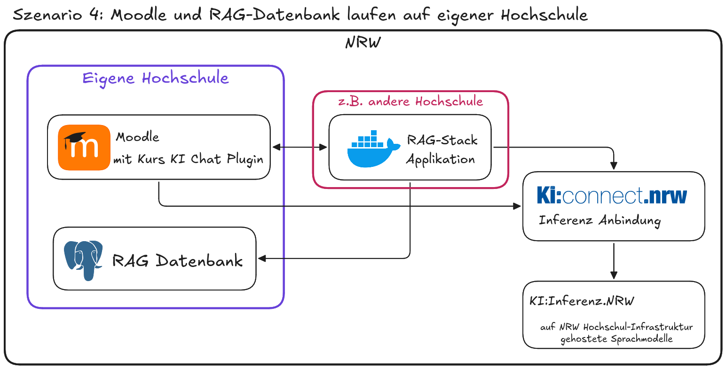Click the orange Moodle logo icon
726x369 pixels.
(84, 147)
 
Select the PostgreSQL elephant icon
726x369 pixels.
(84, 260)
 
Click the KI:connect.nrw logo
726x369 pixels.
(612, 196)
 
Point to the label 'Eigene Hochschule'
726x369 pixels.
(156, 78)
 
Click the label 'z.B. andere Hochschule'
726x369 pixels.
(410, 102)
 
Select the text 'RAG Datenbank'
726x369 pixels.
(177, 260)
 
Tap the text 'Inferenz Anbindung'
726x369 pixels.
(600, 220)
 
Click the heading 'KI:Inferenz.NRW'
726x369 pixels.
(582, 301)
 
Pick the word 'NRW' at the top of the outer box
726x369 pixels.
(363, 43)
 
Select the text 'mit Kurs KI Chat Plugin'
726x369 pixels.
(188, 159)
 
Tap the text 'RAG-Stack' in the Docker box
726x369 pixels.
(442, 140)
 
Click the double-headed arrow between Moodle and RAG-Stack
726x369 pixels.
(300, 147)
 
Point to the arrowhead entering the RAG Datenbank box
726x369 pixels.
(262, 258)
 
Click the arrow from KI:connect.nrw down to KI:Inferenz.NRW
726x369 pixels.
(613, 261)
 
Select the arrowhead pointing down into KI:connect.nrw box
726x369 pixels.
(613, 165)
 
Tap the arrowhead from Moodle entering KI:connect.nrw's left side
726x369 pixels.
(517, 206)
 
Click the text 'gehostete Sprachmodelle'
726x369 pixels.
(616, 339)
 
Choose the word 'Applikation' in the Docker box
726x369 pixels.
(440, 159)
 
